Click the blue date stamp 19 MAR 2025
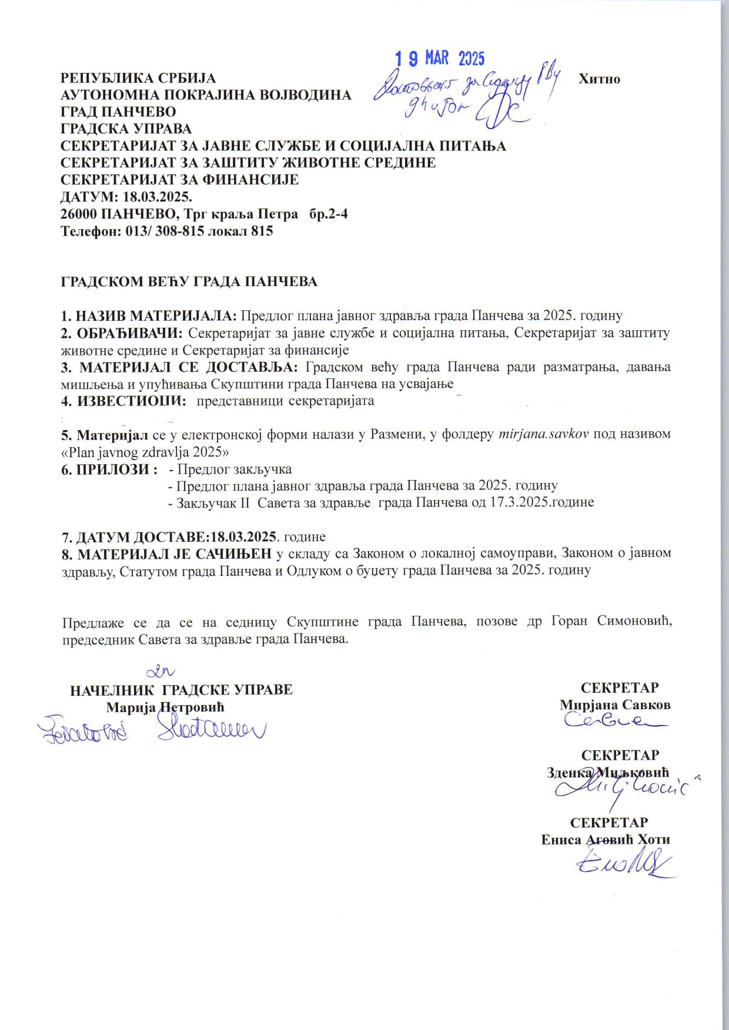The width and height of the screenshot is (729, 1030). pos(439,58)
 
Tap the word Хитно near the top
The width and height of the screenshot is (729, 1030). pos(600,79)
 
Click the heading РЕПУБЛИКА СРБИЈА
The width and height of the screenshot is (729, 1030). pos(139,78)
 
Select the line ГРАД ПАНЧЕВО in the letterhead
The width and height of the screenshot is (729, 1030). pos(118,112)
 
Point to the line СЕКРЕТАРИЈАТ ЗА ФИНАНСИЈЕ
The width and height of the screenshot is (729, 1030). pos(180,180)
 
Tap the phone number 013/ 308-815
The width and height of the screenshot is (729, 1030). pos(165,231)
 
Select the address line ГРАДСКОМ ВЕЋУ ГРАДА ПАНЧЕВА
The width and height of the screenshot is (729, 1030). pos(189,281)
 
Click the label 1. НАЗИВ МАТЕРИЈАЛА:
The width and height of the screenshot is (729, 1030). pos(149,316)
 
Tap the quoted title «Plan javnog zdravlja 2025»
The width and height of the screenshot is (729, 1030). pos(145,452)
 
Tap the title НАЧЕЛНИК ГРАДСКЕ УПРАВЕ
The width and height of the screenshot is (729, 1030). pos(181,689)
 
